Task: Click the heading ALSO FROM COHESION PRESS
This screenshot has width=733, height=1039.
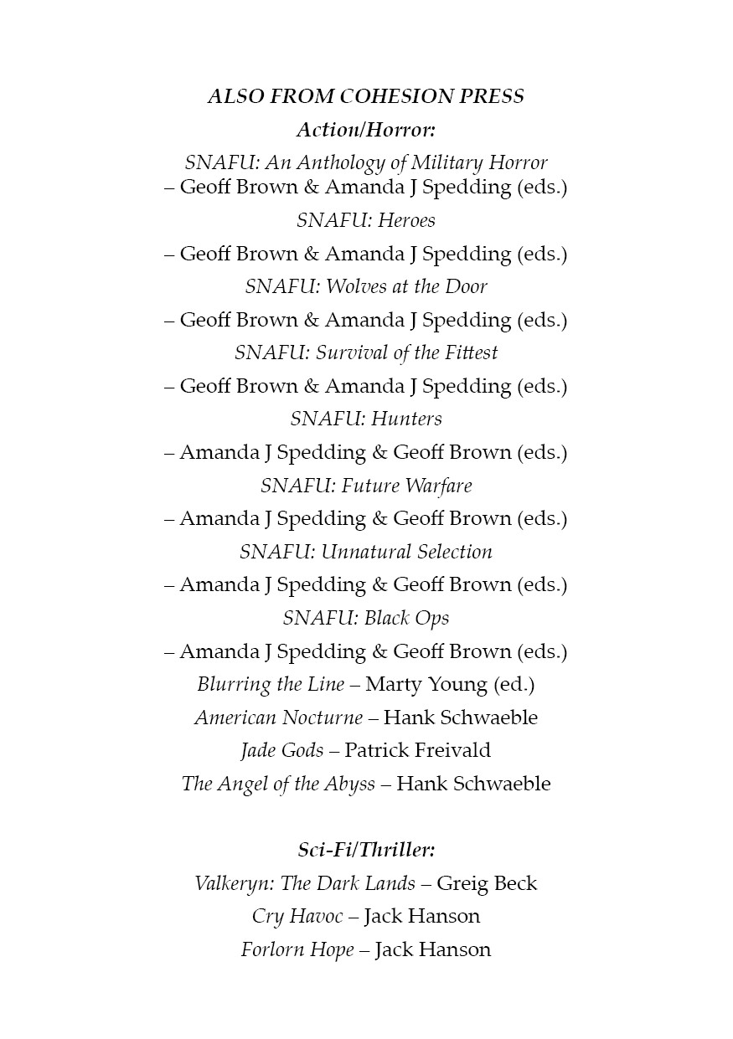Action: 366,96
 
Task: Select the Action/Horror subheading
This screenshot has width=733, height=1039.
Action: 366,130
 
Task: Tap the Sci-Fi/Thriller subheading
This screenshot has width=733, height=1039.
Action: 366,850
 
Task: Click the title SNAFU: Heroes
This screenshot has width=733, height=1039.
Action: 366,220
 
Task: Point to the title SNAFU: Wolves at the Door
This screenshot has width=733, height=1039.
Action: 366,286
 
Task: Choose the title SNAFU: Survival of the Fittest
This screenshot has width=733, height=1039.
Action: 366,352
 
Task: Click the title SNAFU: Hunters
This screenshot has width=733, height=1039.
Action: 366,419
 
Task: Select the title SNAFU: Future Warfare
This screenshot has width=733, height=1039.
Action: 366,486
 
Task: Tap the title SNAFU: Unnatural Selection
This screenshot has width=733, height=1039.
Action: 366,552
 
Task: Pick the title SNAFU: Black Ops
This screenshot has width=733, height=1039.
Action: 366,618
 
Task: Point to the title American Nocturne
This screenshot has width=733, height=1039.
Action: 279,718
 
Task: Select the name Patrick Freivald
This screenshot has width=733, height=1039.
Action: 417,750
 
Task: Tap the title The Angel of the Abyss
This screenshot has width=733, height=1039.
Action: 278,784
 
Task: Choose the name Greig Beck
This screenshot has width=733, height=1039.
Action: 487,883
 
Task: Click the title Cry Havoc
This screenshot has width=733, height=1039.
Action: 297,916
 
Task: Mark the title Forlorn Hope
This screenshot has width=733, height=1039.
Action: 297,949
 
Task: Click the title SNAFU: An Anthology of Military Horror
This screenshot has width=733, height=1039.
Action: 366,162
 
